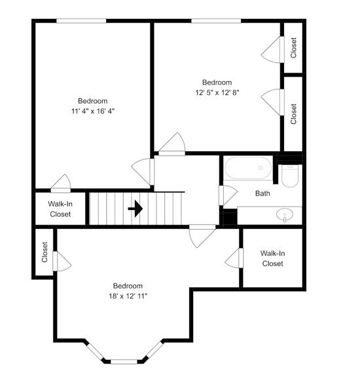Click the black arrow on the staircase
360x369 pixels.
point(135,209)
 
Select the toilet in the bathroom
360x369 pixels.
point(290,175)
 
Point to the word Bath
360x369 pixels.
point(262,194)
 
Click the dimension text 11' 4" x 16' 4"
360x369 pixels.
point(92,111)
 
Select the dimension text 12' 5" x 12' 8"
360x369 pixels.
point(217,93)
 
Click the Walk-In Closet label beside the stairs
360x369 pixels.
point(60,209)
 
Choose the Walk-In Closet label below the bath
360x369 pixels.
point(272,258)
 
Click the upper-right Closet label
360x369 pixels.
point(294,47)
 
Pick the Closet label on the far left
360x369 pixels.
point(45,253)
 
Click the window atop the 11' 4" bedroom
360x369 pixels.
point(81,21)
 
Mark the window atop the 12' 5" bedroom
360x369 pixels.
point(217,21)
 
